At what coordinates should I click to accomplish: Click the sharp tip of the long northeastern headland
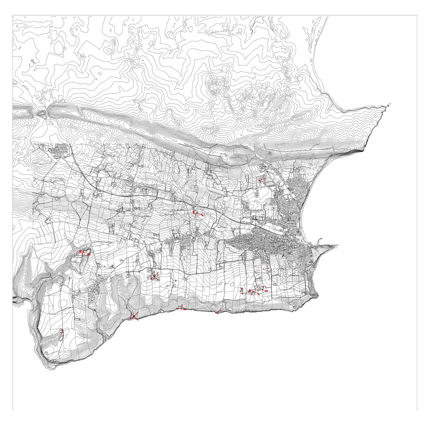click(390, 104)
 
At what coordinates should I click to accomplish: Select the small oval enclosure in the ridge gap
click(42, 113)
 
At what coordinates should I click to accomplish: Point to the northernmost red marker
click(261, 180)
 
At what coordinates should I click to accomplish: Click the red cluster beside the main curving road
click(196, 214)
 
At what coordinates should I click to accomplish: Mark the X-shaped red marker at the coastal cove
click(133, 317)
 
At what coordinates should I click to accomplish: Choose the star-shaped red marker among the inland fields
click(154, 275)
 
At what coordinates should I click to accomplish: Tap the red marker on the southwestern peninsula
click(62, 333)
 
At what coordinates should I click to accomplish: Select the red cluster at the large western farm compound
click(84, 252)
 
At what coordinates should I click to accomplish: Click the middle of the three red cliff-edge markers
click(180, 308)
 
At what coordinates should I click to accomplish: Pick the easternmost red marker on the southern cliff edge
click(218, 311)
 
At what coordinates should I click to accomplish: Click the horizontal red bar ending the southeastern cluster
click(265, 290)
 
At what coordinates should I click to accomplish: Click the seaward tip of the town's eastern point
click(337, 245)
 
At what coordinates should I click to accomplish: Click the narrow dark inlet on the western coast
click(17, 299)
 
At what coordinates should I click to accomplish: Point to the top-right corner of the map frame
click(417, 15)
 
